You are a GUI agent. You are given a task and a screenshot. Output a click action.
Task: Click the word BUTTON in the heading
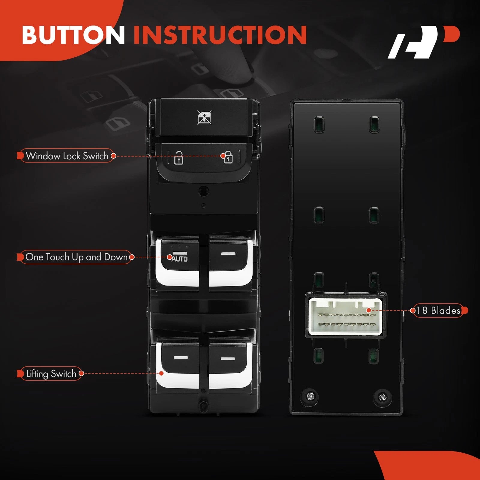point(73,34)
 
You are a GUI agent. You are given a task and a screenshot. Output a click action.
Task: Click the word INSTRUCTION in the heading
point(220,34)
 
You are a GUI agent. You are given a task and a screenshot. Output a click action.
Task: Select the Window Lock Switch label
point(67,156)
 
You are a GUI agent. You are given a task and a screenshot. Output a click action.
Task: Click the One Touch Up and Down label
point(76,257)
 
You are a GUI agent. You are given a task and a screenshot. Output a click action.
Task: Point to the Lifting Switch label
point(51,374)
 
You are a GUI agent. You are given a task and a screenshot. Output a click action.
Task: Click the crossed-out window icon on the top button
point(204,117)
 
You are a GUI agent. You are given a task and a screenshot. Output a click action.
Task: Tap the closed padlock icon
point(228,157)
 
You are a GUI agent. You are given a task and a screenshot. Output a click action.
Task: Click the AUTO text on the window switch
point(179,259)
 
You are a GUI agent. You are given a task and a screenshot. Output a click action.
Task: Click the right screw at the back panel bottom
point(382,397)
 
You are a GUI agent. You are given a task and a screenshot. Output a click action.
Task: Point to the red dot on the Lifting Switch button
point(161,373)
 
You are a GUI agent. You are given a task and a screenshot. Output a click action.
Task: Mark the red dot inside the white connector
point(369,310)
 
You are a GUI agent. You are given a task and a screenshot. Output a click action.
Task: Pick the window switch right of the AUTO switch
point(230,261)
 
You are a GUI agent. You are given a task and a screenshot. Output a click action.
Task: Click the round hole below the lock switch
point(204,191)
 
